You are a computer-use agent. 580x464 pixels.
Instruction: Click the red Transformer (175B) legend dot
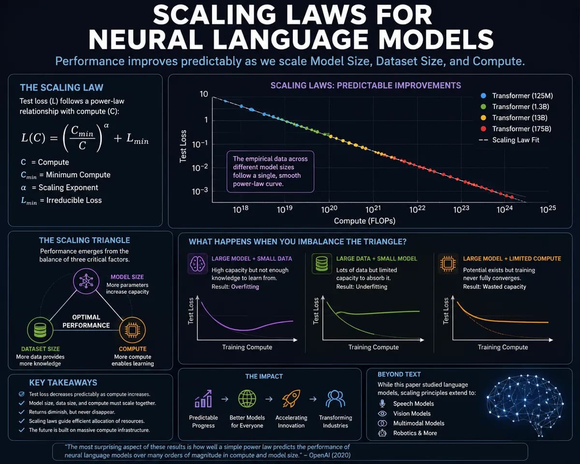click(483, 129)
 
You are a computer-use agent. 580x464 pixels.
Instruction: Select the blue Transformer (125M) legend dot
click(483, 96)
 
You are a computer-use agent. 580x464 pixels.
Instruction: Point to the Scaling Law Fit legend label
click(516, 140)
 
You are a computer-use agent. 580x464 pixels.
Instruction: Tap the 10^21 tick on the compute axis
click(373, 209)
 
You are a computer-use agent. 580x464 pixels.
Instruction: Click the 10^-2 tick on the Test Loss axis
click(200, 168)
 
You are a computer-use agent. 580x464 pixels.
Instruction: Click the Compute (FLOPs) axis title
click(364, 221)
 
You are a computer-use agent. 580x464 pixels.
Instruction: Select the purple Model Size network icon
click(86, 281)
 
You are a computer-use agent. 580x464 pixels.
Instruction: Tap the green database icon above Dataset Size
click(40, 330)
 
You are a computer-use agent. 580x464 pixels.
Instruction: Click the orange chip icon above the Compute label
click(132, 330)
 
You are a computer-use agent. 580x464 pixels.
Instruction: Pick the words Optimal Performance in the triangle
click(86, 321)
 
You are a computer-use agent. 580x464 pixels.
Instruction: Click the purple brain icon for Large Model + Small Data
click(198, 263)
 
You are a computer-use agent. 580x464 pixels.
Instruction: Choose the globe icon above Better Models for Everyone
click(247, 398)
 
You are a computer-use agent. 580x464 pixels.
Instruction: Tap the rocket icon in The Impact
click(291, 398)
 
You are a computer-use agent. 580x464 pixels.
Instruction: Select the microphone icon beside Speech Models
click(382, 404)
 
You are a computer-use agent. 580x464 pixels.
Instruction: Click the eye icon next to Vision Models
click(382, 413)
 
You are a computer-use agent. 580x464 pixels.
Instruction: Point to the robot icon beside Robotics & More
click(382, 433)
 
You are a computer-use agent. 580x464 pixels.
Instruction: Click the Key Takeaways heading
click(63, 383)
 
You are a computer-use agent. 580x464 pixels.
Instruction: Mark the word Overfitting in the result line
click(245, 287)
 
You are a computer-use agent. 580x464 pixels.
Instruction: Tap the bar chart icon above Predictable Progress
click(203, 398)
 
